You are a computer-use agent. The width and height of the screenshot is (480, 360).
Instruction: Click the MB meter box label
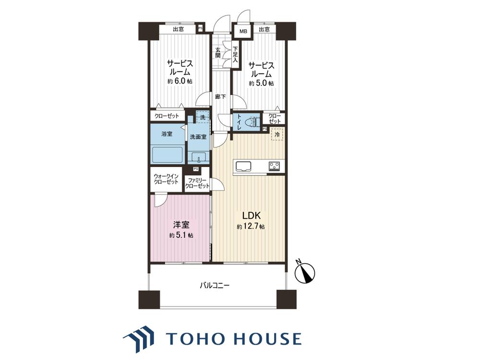click(x=243, y=31)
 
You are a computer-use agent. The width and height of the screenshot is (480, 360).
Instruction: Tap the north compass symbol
click(x=304, y=272)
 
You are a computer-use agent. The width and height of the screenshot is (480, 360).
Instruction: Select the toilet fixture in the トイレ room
click(x=252, y=121)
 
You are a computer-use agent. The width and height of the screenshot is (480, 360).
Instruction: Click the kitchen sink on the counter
click(x=243, y=166)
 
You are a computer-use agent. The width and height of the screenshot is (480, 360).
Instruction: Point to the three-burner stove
click(x=275, y=166)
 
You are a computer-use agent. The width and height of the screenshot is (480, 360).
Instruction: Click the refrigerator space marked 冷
click(x=277, y=134)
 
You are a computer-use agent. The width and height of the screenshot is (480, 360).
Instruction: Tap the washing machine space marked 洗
click(x=203, y=117)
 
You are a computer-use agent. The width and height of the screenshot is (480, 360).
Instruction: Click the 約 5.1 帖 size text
click(x=181, y=235)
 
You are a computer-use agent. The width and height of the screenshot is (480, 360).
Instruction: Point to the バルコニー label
click(x=215, y=286)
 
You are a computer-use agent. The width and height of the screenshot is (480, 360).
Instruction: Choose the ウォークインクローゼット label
click(x=166, y=179)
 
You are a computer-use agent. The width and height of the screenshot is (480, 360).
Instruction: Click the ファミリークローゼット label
click(x=197, y=183)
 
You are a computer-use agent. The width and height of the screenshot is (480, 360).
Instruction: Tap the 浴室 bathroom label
click(x=167, y=134)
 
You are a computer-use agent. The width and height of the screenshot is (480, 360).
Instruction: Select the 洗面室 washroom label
click(x=198, y=137)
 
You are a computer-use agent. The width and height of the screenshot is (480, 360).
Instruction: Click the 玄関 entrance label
click(x=217, y=52)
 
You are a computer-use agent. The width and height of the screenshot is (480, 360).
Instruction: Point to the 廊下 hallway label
click(x=220, y=97)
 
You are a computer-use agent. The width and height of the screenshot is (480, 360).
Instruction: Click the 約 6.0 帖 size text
click(x=180, y=82)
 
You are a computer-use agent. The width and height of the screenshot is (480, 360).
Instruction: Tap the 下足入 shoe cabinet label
click(x=235, y=55)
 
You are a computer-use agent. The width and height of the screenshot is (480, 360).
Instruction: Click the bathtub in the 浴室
click(x=168, y=156)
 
